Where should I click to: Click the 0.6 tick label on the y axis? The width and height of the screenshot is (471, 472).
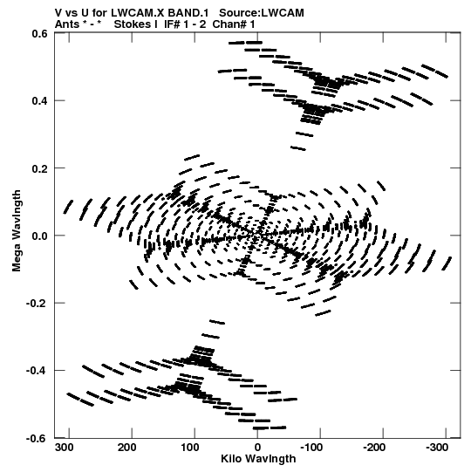(x=39, y=34)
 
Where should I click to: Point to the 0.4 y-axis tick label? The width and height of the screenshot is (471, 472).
(x=39, y=100)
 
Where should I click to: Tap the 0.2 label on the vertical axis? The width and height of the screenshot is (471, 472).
(x=39, y=168)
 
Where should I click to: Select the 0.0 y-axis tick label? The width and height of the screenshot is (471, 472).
(x=39, y=236)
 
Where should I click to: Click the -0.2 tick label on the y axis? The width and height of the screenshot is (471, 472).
(x=37, y=303)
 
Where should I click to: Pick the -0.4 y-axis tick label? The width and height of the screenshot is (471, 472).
(x=37, y=371)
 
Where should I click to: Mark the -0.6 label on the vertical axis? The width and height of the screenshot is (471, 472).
(x=37, y=438)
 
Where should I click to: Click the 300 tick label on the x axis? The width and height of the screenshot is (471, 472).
(x=64, y=448)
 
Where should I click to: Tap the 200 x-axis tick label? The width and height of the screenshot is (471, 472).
(x=126, y=448)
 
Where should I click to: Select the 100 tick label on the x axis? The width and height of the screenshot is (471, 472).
(x=190, y=448)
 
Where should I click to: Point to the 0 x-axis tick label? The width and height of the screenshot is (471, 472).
(x=257, y=448)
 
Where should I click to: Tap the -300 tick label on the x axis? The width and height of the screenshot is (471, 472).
(x=437, y=448)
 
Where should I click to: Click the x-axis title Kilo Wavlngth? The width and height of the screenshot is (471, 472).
(x=258, y=459)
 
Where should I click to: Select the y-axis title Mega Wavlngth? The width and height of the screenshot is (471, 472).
(x=17, y=230)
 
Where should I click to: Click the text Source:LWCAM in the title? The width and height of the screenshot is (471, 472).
(x=262, y=13)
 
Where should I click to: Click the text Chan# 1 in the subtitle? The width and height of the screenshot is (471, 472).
(x=234, y=24)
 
